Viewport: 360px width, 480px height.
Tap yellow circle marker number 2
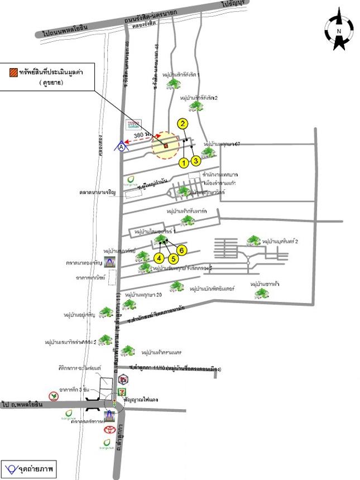[183, 124]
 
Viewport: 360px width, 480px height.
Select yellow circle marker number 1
[183, 162]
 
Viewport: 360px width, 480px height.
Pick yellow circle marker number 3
[196, 161]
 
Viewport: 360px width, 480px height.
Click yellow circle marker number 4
[159, 258]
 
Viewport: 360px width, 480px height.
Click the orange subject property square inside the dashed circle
[166, 146]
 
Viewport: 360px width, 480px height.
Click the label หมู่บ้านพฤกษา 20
[143, 294]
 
